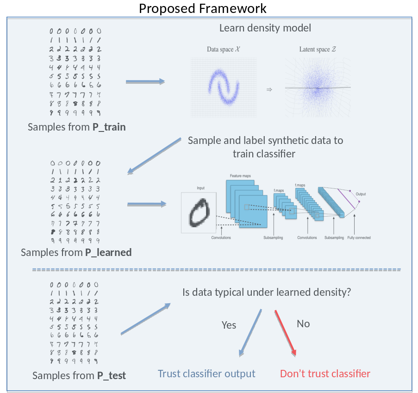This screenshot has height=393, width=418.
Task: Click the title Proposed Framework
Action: [x=203, y=8]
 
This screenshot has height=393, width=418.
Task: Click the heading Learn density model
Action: [x=265, y=28]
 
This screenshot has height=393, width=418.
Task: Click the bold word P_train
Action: [x=109, y=127]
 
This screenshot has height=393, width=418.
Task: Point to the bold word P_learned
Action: [x=108, y=252]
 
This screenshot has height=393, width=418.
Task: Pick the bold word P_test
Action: [x=111, y=375]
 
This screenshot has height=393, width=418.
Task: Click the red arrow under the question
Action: [x=285, y=332]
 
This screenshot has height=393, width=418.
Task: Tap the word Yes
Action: [x=229, y=325]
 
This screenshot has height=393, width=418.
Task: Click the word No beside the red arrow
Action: [x=303, y=324]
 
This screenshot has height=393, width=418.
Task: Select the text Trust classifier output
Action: [x=206, y=374]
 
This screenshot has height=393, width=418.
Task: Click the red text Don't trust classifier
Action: [x=325, y=374]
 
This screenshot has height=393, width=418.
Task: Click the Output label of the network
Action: [x=361, y=194]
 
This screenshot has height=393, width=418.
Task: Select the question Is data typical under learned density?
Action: [x=267, y=293]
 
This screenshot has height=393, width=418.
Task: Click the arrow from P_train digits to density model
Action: [x=145, y=82]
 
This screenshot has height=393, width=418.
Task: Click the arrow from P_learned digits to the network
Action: [x=146, y=204]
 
